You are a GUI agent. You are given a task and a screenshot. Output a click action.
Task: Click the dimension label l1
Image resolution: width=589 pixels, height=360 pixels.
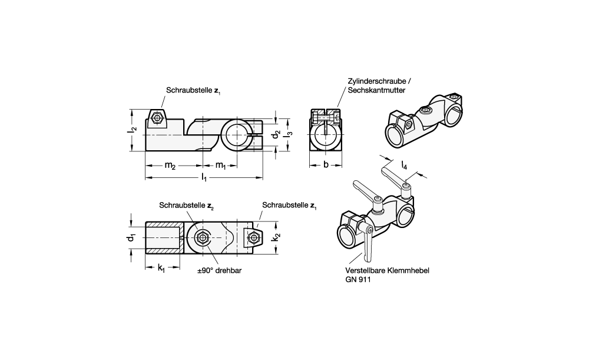click(x=204, y=177)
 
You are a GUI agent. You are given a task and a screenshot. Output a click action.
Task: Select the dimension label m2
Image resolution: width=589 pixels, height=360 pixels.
click(x=170, y=166)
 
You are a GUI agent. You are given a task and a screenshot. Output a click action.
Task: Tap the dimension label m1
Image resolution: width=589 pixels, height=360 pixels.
click(x=220, y=166)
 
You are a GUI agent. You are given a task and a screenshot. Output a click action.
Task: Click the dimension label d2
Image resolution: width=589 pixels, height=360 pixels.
click(x=274, y=136)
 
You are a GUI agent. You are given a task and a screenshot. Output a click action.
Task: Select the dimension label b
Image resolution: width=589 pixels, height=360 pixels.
click(x=325, y=166)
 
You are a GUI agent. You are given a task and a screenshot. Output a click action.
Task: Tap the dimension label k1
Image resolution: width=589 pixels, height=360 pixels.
click(x=161, y=269)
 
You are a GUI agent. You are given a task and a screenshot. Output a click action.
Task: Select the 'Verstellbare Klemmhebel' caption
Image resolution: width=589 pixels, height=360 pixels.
click(x=387, y=271)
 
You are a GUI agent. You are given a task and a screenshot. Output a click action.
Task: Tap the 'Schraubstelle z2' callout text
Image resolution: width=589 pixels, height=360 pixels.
click(x=186, y=205)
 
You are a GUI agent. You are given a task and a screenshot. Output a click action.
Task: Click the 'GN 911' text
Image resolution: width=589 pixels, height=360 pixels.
click(x=359, y=280)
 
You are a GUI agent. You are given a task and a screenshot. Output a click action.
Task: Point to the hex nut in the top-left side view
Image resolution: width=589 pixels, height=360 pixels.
click(x=157, y=118)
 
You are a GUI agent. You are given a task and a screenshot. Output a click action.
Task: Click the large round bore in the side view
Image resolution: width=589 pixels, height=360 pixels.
click(x=235, y=135)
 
